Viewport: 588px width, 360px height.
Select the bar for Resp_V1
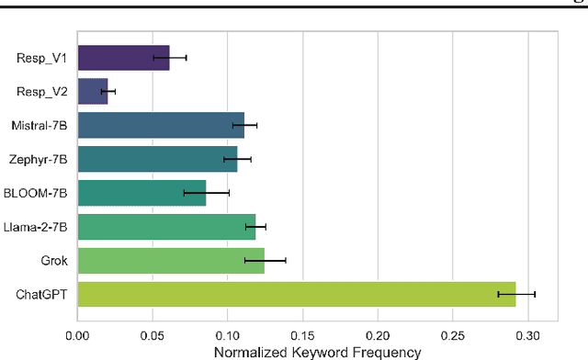pos(123,58)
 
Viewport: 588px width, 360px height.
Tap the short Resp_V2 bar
pos(93,92)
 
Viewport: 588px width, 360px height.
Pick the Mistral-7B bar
pos(161,125)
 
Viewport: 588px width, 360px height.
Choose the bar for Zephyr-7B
pos(157,159)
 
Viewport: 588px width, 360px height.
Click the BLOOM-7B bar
pos(141,193)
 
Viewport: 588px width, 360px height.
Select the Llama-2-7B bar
pos(166,226)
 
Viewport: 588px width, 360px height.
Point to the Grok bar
pos(171,260)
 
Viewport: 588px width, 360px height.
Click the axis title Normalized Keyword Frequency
pos(317,351)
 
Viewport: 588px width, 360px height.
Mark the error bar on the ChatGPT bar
pos(516,294)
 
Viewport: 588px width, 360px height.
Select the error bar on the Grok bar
pos(266,260)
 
